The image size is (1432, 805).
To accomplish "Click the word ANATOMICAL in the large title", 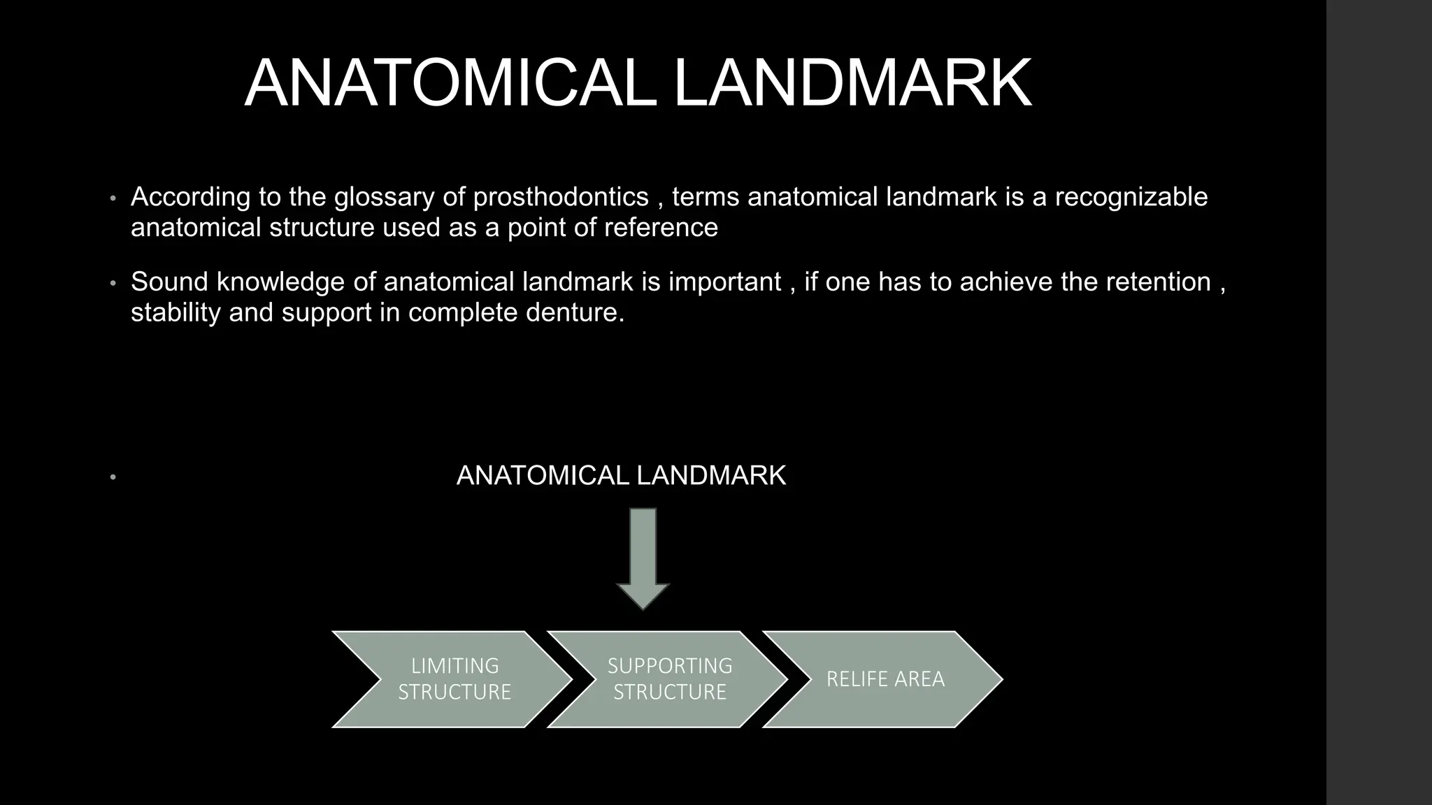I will [450, 84].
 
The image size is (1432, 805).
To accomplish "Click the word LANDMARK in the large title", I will [852, 84].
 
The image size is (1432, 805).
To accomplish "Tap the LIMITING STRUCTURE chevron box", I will [454, 679].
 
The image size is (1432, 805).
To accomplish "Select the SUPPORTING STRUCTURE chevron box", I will [670, 679].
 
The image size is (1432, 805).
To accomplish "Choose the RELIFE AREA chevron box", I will [885, 679].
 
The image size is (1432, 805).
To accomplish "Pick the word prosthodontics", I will [561, 198].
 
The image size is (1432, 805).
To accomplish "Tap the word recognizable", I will [1131, 198].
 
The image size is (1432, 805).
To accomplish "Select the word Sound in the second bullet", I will [169, 282].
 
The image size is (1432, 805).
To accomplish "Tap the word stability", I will [176, 312].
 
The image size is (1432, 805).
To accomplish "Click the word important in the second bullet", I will [724, 282].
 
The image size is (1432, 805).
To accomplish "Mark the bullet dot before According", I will [112, 198].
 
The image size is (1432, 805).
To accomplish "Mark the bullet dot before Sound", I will [112, 284].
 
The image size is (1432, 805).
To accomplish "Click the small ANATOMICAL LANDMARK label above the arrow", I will [621, 476].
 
